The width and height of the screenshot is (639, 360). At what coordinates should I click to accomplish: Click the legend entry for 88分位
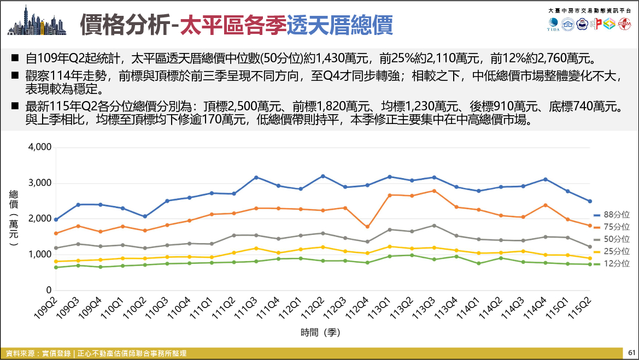tap(611, 215)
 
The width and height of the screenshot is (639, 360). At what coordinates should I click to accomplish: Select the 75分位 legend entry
tap(611, 227)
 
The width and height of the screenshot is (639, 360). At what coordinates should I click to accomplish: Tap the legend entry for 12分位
tap(611, 263)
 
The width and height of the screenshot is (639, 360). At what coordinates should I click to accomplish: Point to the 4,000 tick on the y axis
tap(39, 147)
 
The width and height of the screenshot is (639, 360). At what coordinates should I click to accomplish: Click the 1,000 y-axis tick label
tap(39, 255)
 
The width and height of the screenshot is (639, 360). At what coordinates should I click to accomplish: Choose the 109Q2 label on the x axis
tap(46, 308)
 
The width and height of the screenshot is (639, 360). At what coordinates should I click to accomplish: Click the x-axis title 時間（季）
tap(320, 332)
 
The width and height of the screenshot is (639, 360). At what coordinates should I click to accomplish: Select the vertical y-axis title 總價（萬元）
tap(14, 218)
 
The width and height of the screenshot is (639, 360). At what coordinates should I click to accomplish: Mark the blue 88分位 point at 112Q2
tap(323, 176)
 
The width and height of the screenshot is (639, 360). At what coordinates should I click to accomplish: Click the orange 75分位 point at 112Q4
tap(367, 227)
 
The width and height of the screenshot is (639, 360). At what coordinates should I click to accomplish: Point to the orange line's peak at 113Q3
tap(434, 191)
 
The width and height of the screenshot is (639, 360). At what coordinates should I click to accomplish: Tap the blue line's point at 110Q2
tap(145, 216)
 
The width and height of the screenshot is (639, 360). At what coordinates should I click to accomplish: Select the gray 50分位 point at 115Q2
tap(590, 247)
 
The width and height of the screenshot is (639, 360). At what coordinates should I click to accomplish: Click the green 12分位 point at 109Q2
tap(55, 267)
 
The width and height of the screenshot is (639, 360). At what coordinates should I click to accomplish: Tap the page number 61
tap(632, 353)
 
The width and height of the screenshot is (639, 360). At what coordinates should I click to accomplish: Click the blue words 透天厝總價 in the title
tap(340, 25)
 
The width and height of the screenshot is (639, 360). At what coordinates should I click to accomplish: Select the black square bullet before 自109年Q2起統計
tap(15, 58)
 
